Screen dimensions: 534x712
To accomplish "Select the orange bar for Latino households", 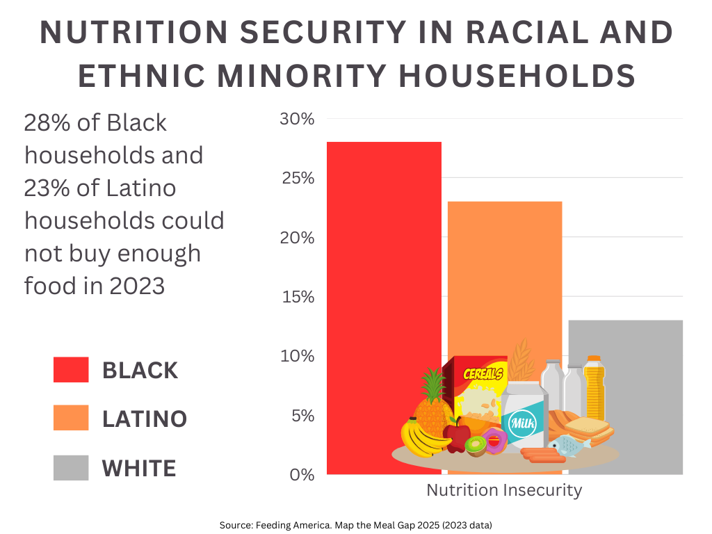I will tap(505, 278).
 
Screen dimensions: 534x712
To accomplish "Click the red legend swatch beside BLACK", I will tap(71, 370).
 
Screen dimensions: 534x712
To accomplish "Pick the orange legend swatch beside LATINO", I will tap(71, 419).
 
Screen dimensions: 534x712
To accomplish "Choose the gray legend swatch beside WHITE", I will tap(71, 468).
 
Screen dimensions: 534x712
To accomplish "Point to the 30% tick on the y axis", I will tap(297, 119).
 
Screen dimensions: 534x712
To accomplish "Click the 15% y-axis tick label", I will tap(297, 297).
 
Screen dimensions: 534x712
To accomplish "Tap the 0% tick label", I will tap(300, 475).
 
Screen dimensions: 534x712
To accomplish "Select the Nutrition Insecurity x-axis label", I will tap(504, 490).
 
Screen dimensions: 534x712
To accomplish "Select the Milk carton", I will tap(525, 417).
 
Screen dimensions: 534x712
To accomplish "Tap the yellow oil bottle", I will tap(594, 389).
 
